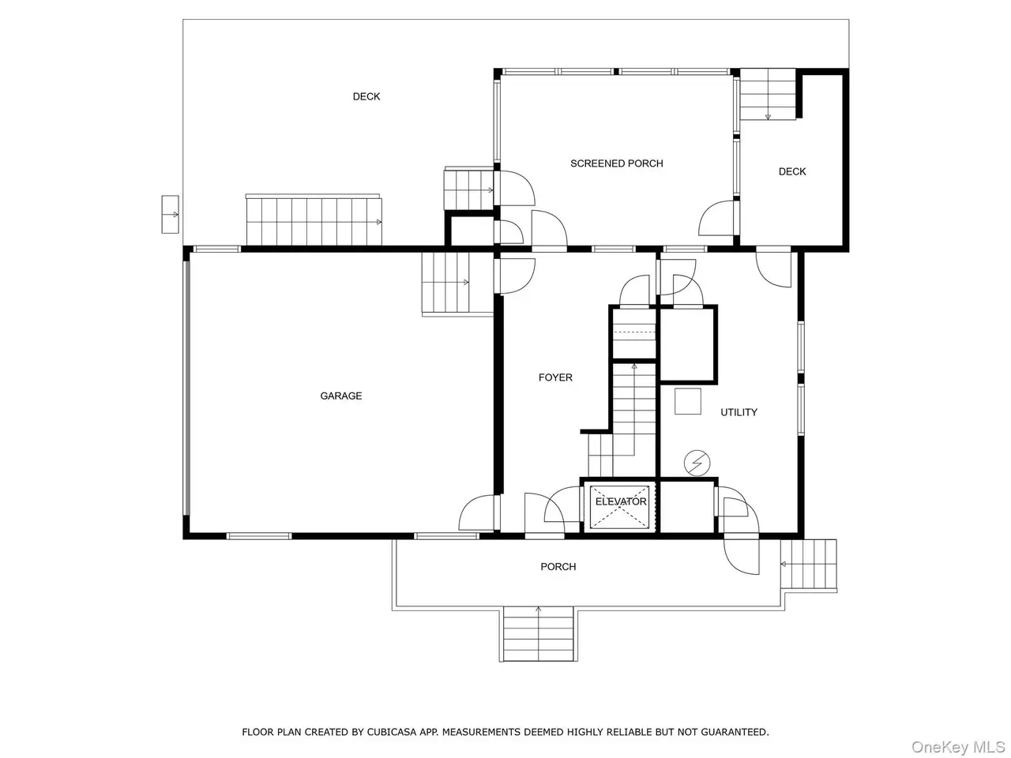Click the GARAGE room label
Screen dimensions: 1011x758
341,396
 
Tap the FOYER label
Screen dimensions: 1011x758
555,377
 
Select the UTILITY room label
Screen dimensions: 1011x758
739,412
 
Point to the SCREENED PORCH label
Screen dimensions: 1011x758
617,163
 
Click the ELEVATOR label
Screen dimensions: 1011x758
621,501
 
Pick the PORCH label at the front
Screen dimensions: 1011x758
558,567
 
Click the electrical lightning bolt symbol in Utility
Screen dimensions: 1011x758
697,463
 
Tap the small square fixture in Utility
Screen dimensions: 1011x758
688,401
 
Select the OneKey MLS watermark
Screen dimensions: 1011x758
958,746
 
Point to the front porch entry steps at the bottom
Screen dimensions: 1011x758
538,634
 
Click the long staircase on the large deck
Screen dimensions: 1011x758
314,221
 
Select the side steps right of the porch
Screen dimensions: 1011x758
809,565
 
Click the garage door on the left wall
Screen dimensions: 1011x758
187,388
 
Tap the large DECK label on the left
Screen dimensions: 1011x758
366,96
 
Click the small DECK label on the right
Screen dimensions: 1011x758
792,171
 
